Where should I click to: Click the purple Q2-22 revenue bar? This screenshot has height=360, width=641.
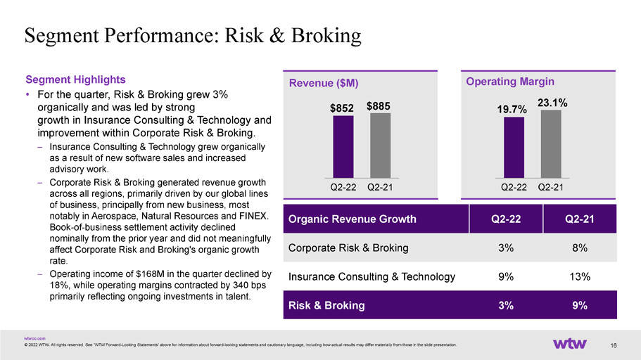(x=343, y=147)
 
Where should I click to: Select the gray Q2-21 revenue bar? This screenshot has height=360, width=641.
(x=380, y=146)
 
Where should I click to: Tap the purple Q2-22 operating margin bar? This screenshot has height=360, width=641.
(x=514, y=148)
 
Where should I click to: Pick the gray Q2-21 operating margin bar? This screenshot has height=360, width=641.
(x=551, y=144)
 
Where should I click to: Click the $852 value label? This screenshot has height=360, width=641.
(x=342, y=108)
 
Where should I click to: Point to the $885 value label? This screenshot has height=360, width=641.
(x=378, y=106)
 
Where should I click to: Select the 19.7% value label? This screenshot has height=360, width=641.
(x=512, y=110)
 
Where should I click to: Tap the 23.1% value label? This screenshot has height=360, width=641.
(x=552, y=103)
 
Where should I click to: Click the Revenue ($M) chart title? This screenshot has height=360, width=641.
(x=324, y=83)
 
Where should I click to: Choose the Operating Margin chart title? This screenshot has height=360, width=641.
(x=510, y=82)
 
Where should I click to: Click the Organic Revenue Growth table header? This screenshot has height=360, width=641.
(x=353, y=219)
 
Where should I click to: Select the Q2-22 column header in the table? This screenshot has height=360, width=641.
(x=506, y=219)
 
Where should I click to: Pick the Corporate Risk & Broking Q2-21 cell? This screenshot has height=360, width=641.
(x=580, y=247)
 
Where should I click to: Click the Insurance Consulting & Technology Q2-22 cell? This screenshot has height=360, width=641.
(x=506, y=276)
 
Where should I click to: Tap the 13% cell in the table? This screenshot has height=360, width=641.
(x=580, y=276)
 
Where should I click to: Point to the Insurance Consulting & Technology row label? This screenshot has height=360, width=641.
(x=372, y=276)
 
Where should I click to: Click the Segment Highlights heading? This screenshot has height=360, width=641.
(x=75, y=79)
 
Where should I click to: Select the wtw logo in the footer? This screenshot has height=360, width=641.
(x=570, y=344)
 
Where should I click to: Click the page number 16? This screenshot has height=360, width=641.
(x=613, y=345)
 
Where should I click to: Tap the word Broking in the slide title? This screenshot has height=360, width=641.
(x=326, y=35)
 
